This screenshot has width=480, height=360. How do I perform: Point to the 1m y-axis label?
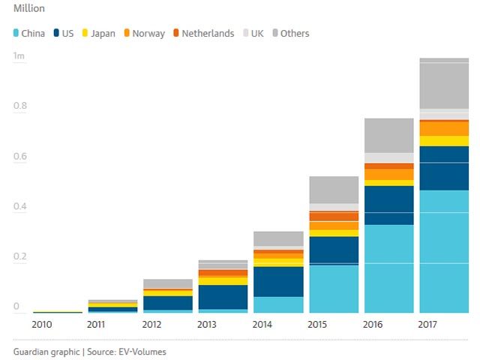tap(19, 56)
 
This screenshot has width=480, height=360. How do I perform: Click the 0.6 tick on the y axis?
tap(20, 157)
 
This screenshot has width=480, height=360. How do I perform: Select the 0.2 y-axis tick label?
tap(20, 256)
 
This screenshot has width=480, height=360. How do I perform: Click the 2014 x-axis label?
tap(262, 325)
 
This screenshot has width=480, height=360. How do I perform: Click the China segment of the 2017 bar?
tap(444, 251)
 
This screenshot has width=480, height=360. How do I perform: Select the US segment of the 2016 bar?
tap(388, 205)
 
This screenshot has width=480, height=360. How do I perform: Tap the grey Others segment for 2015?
tap(334, 190)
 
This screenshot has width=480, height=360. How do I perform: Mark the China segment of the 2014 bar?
tap(278, 304)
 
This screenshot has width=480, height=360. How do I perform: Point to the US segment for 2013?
tap(223, 297)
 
